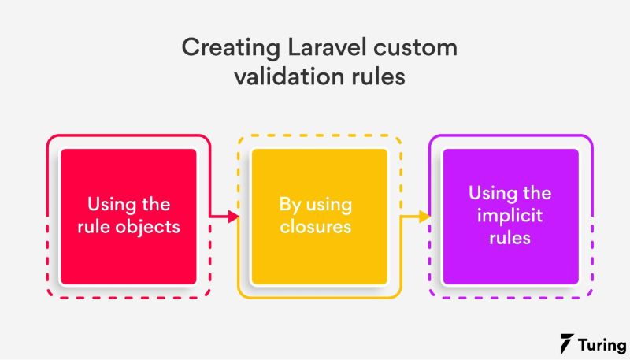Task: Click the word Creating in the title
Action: point(224,48)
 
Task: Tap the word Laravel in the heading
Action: point(313,48)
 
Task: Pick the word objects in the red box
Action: point(154,227)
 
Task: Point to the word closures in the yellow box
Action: point(319,227)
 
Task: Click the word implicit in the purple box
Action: point(510,215)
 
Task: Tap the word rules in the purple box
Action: point(510,237)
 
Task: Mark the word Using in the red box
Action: point(109,205)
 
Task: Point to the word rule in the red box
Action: point(102,227)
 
